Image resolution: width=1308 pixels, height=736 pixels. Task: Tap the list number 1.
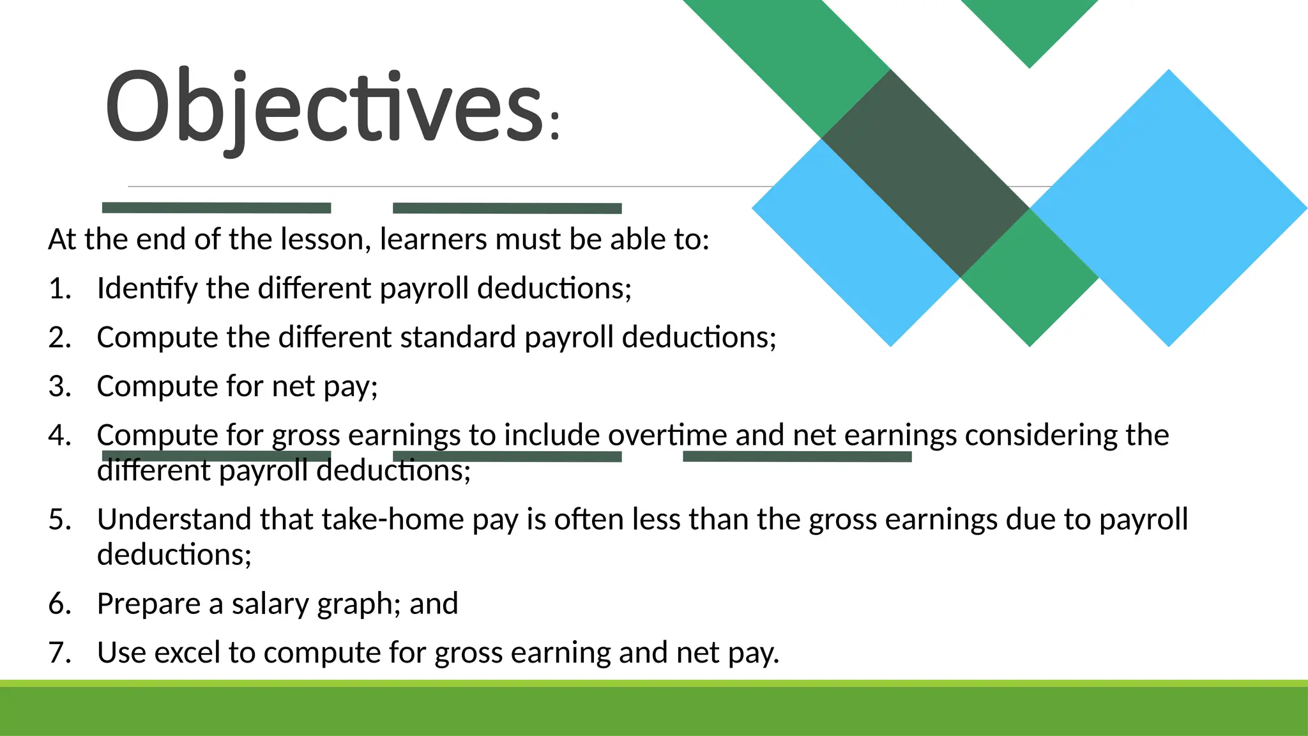(59, 289)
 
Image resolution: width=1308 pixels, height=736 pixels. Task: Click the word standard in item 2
(457, 337)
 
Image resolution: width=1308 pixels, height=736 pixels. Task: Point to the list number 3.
(59, 387)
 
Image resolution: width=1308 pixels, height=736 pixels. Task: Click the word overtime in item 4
(667, 436)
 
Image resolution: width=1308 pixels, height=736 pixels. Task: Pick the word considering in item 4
(1041, 436)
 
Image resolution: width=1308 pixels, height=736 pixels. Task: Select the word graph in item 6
(354, 604)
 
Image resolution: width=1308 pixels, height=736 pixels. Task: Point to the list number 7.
(59, 653)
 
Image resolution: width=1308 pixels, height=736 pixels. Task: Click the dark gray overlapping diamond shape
(925, 172)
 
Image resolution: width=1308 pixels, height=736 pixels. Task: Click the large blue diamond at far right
(1169, 208)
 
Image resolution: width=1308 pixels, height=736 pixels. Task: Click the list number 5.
(59, 519)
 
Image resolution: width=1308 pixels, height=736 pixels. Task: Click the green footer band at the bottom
(654, 710)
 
